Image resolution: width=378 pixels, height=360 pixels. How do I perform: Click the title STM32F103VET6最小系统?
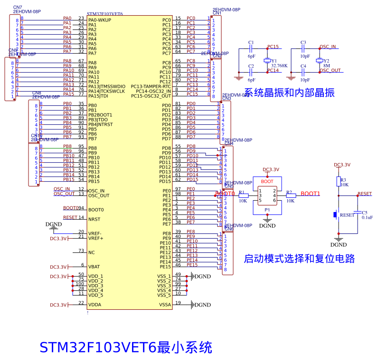[x=125, y=347]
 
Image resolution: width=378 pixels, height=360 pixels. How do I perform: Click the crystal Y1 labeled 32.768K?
[x=267, y=61]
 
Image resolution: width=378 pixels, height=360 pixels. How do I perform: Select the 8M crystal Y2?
[x=320, y=61]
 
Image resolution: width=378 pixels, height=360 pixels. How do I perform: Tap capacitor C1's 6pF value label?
[x=251, y=56]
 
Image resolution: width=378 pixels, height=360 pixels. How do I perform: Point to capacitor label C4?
[x=303, y=66]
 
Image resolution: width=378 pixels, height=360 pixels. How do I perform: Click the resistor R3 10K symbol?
[x=339, y=182]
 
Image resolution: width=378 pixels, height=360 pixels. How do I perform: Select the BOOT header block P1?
[x=267, y=195]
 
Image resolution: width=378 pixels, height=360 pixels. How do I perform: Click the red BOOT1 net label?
[x=311, y=194]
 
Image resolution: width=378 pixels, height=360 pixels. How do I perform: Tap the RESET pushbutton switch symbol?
[x=337, y=214]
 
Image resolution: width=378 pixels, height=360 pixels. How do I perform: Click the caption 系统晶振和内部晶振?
[x=289, y=93]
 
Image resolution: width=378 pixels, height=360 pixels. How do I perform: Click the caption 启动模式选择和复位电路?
[x=299, y=259]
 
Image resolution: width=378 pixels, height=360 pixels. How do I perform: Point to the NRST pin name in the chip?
[x=94, y=219]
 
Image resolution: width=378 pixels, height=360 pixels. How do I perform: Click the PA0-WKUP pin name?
[x=100, y=20]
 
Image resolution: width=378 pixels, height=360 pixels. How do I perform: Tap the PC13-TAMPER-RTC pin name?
[x=151, y=86]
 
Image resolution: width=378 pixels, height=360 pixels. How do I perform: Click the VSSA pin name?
[x=165, y=305]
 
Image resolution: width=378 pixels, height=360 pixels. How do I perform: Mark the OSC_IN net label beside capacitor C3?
[x=328, y=46]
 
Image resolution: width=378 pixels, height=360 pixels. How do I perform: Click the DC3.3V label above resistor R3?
[x=342, y=165]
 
